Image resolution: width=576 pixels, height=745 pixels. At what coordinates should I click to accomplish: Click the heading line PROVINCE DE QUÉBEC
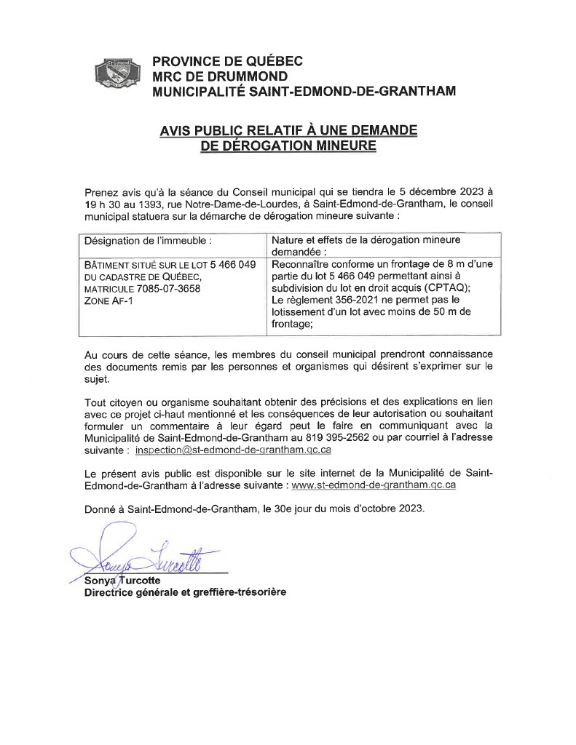tap(227, 62)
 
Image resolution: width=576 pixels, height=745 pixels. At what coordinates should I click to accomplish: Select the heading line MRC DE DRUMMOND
tap(219, 76)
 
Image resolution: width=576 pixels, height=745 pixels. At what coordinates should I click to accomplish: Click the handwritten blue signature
tap(146, 557)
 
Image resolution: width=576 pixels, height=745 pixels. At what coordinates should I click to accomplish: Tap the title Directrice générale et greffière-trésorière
tap(185, 592)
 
